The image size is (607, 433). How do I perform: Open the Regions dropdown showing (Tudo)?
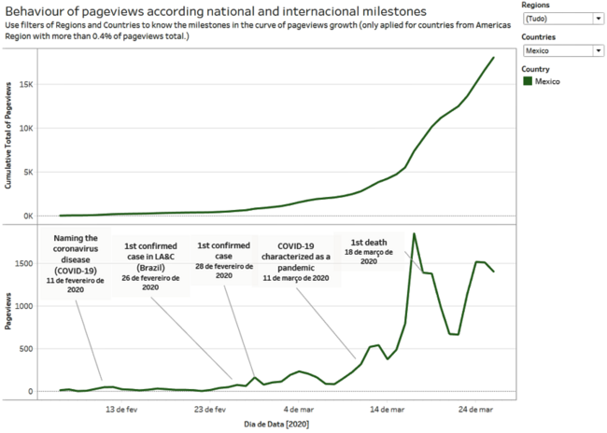point(562,18)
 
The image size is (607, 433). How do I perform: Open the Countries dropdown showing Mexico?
point(562,50)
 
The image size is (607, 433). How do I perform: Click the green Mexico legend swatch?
point(528,81)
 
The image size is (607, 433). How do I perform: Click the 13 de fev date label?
point(122,408)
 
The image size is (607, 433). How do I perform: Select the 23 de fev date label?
point(211,408)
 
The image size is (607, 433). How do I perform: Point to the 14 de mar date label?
point(386,408)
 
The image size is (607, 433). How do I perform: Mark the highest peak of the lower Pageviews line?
point(414,233)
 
